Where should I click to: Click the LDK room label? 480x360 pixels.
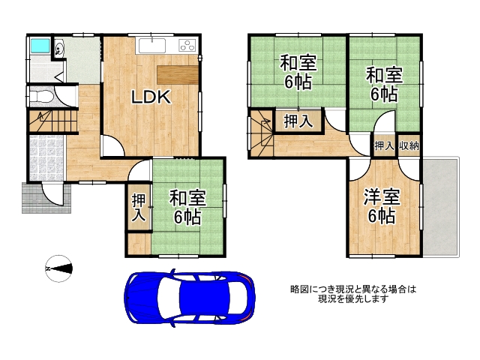[x=152, y=97]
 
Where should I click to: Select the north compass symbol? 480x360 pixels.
[x=58, y=268]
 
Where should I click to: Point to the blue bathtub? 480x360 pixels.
[x=38, y=46]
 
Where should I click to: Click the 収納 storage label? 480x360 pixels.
[x=409, y=146]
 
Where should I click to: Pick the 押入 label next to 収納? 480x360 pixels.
[x=384, y=146]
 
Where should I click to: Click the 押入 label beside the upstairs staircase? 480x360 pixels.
[x=298, y=121]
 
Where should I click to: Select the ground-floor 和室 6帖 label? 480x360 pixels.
[x=185, y=208]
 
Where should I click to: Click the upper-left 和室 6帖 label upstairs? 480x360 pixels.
[x=298, y=72]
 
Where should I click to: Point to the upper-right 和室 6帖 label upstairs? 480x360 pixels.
[x=383, y=84]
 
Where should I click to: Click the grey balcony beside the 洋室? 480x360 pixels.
[x=442, y=206]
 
